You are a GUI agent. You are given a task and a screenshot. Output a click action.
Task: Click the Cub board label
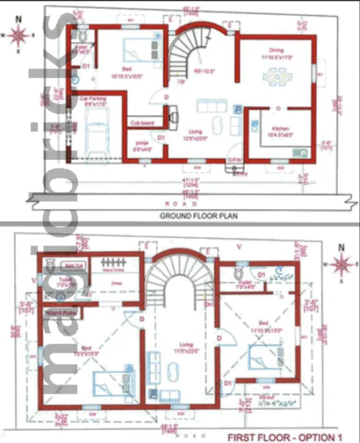141,123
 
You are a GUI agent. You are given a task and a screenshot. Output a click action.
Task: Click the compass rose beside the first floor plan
342,265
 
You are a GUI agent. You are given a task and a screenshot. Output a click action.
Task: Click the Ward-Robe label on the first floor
61,311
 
